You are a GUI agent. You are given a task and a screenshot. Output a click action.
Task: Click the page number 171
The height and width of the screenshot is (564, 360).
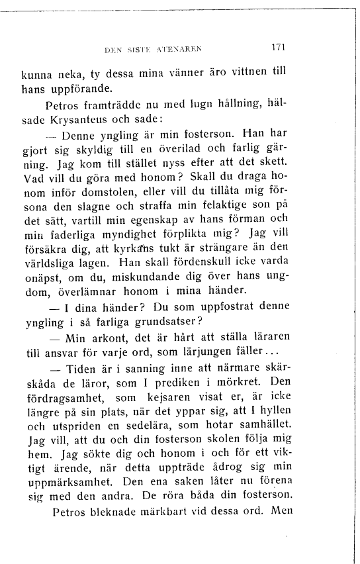click(278, 48)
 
